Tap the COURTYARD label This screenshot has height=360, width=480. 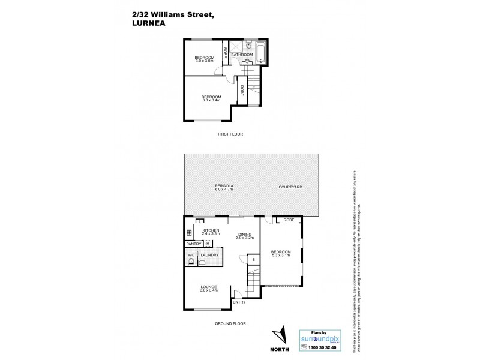click(x=290, y=187)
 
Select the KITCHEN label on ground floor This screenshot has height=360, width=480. click(x=211, y=230)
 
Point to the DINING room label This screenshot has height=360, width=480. click(x=245, y=235)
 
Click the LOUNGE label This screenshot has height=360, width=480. click(x=209, y=287)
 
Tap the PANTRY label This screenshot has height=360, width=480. click(x=194, y=244)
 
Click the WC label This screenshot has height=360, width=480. click(x=191, y=255)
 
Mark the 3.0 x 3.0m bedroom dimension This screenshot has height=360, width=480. click(x=204, y=61)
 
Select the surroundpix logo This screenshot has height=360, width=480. click(x=323, y=338)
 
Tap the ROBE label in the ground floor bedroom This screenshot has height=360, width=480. click(x=288, y=221)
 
